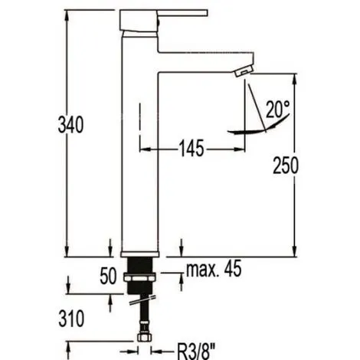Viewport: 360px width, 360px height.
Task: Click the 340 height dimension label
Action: point(70,124)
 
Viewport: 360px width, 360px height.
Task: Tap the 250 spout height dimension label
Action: point(286,165)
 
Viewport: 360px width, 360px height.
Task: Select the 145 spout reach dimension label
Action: point(192,148)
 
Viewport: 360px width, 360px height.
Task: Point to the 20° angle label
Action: point(278,109)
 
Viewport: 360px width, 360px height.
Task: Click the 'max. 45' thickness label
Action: point(214,269)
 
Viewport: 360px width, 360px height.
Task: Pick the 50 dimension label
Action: point(108,276)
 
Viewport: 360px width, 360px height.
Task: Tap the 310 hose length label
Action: point(71,319)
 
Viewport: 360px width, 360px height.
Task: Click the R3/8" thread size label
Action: point(196,351)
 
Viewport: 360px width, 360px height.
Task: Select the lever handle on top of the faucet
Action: point(163,21)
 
